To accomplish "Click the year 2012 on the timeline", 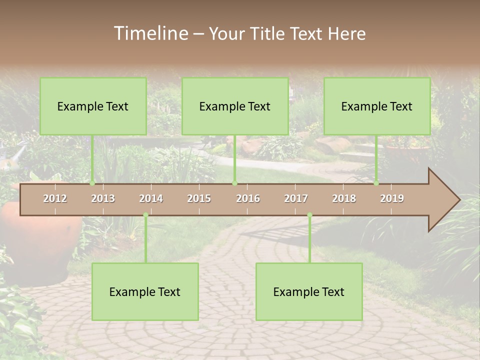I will pyautogui.click(x=55, y=198).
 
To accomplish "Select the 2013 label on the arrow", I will pyautogui.click(x=103, y=198).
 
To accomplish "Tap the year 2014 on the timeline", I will pyautogui.click(x=151, y=198).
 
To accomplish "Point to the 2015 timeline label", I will pyautogui.click(x=199, y=198).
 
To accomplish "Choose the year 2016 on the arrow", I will pyautogui.click(x=248, y=198).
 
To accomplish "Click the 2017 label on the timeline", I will pyautogui.click(x=296, y=198).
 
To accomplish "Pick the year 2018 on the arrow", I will pyautogui.click(x=344, y=198).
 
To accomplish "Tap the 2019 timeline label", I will pyautogui.click(x=392, y=198).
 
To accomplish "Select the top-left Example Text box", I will pyautogui.click(x=93, y=106).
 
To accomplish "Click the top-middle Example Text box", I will pyautogui.click(x=235, y=106).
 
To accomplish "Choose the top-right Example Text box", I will pyautogui.click(x=377, y=106).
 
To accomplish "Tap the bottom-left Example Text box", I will pyautogui.click(x=145, y=291).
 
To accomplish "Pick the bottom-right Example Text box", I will pyautogui.click(x=309, y=291).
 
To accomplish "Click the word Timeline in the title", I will pyautogui.click(x=150, y=33).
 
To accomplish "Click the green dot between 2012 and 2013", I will pyautogui.click(x=92, y=183).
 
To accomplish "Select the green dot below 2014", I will pyautogui.click(x=145, y=215).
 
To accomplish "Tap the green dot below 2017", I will pyautogui.click(x=309, y=215).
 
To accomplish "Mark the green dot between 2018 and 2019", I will pyautogui.click(x=376, y=183).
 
